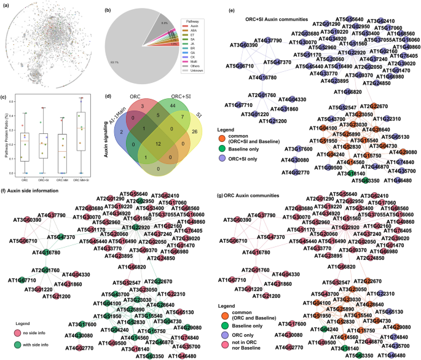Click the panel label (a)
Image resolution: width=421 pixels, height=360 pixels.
click(x=5, y=5)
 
